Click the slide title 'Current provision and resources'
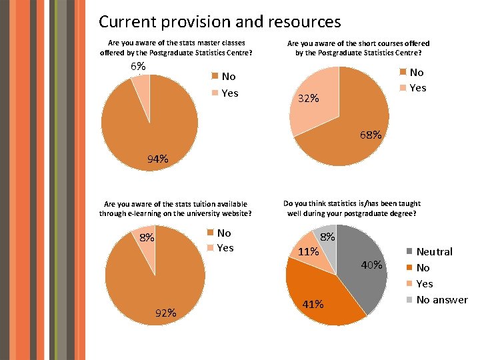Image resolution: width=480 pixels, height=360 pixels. pos(219,21)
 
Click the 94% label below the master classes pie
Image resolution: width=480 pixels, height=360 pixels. pos(157,159)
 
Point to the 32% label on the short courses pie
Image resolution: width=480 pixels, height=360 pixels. pos(308,99)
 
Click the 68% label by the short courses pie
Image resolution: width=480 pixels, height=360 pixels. pos(371,135)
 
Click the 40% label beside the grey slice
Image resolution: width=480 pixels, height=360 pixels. pos(372,265)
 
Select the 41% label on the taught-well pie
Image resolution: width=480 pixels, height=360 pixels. pos(312,304)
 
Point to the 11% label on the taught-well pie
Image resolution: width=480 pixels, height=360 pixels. pos(307,252)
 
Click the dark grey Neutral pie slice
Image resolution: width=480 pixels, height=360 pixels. pos(363,267)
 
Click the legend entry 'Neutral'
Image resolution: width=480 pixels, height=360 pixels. pos(433,252)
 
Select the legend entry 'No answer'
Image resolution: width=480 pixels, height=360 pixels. pos(441,300)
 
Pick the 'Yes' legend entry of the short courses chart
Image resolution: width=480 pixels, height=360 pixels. pos(417,88)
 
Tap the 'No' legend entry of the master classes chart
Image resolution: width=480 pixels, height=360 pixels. pos(229,77)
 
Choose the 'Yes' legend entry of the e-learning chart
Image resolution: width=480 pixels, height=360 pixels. pos(225,248)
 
